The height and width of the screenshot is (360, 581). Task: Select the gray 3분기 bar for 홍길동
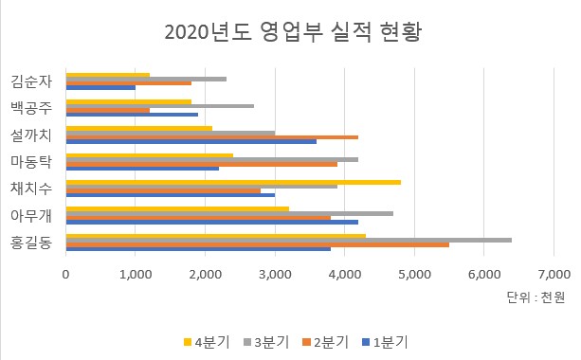pyautogui.click(x=288, y=240)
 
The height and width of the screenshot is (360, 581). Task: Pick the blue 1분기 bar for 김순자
pyautogui.click(x=100, y=87)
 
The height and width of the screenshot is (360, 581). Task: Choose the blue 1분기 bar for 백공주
pyautogui.click(x=132, y=115)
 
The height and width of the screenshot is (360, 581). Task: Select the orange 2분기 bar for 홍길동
pyautogui.click(x=257, y=244)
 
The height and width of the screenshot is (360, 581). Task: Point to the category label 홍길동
pyautogui.click(x=33, y=243)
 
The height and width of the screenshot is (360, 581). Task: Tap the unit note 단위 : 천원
pyautogui.click(x=536, y=297)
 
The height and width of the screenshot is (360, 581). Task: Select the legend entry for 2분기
pyautogui.click(x=329, y=341)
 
